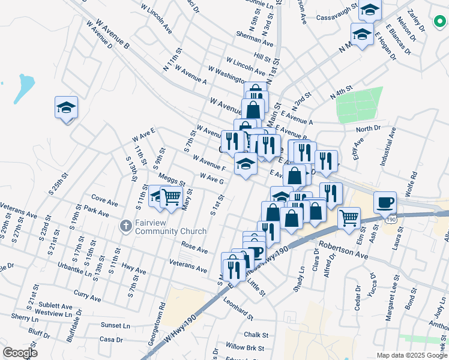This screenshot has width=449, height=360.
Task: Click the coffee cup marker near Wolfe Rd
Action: (x=385, y=203)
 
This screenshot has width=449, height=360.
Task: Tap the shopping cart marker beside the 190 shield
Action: (x=349, y=218)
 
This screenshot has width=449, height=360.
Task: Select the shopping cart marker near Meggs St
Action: (x=172, y=197)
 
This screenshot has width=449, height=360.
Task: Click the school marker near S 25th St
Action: (x=66, y=108)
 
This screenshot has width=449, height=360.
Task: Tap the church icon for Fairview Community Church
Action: (x=125, y=226)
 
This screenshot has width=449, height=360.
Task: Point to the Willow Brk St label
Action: (x=245, y=347)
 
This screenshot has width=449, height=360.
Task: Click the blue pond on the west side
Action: (x=25, y=87)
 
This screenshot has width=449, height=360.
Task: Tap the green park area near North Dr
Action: (x=359, y=104)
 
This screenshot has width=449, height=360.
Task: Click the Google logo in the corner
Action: (x=20, y=352)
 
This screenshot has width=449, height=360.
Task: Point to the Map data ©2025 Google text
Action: (x=411, y=355)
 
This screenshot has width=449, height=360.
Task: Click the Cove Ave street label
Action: (x=103, y=197)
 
